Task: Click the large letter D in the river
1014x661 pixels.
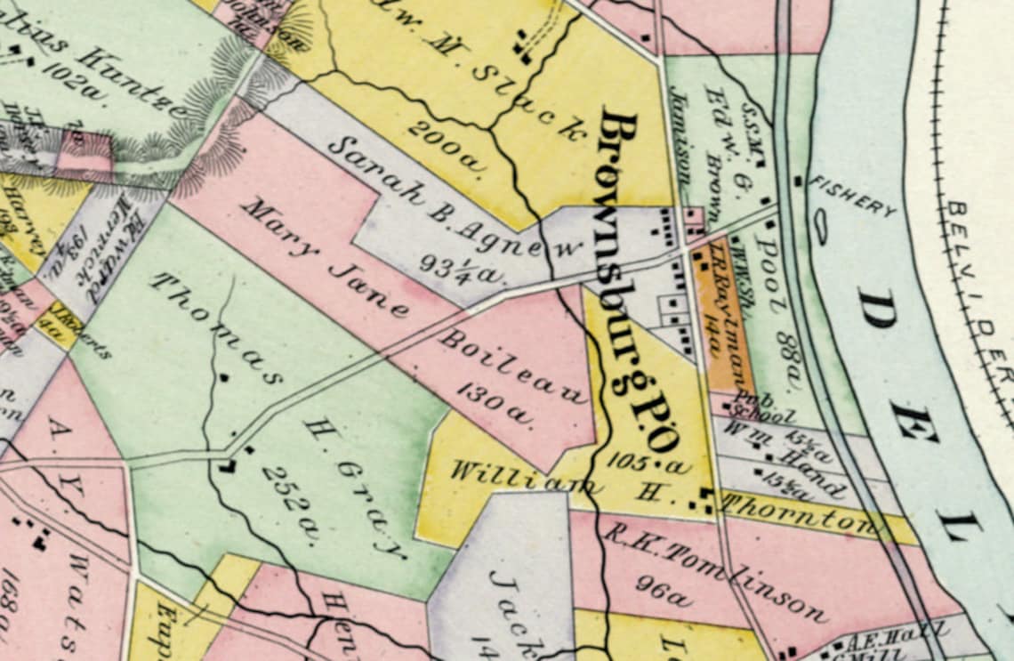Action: (877, 307)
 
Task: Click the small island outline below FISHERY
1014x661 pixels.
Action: (820, 226)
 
